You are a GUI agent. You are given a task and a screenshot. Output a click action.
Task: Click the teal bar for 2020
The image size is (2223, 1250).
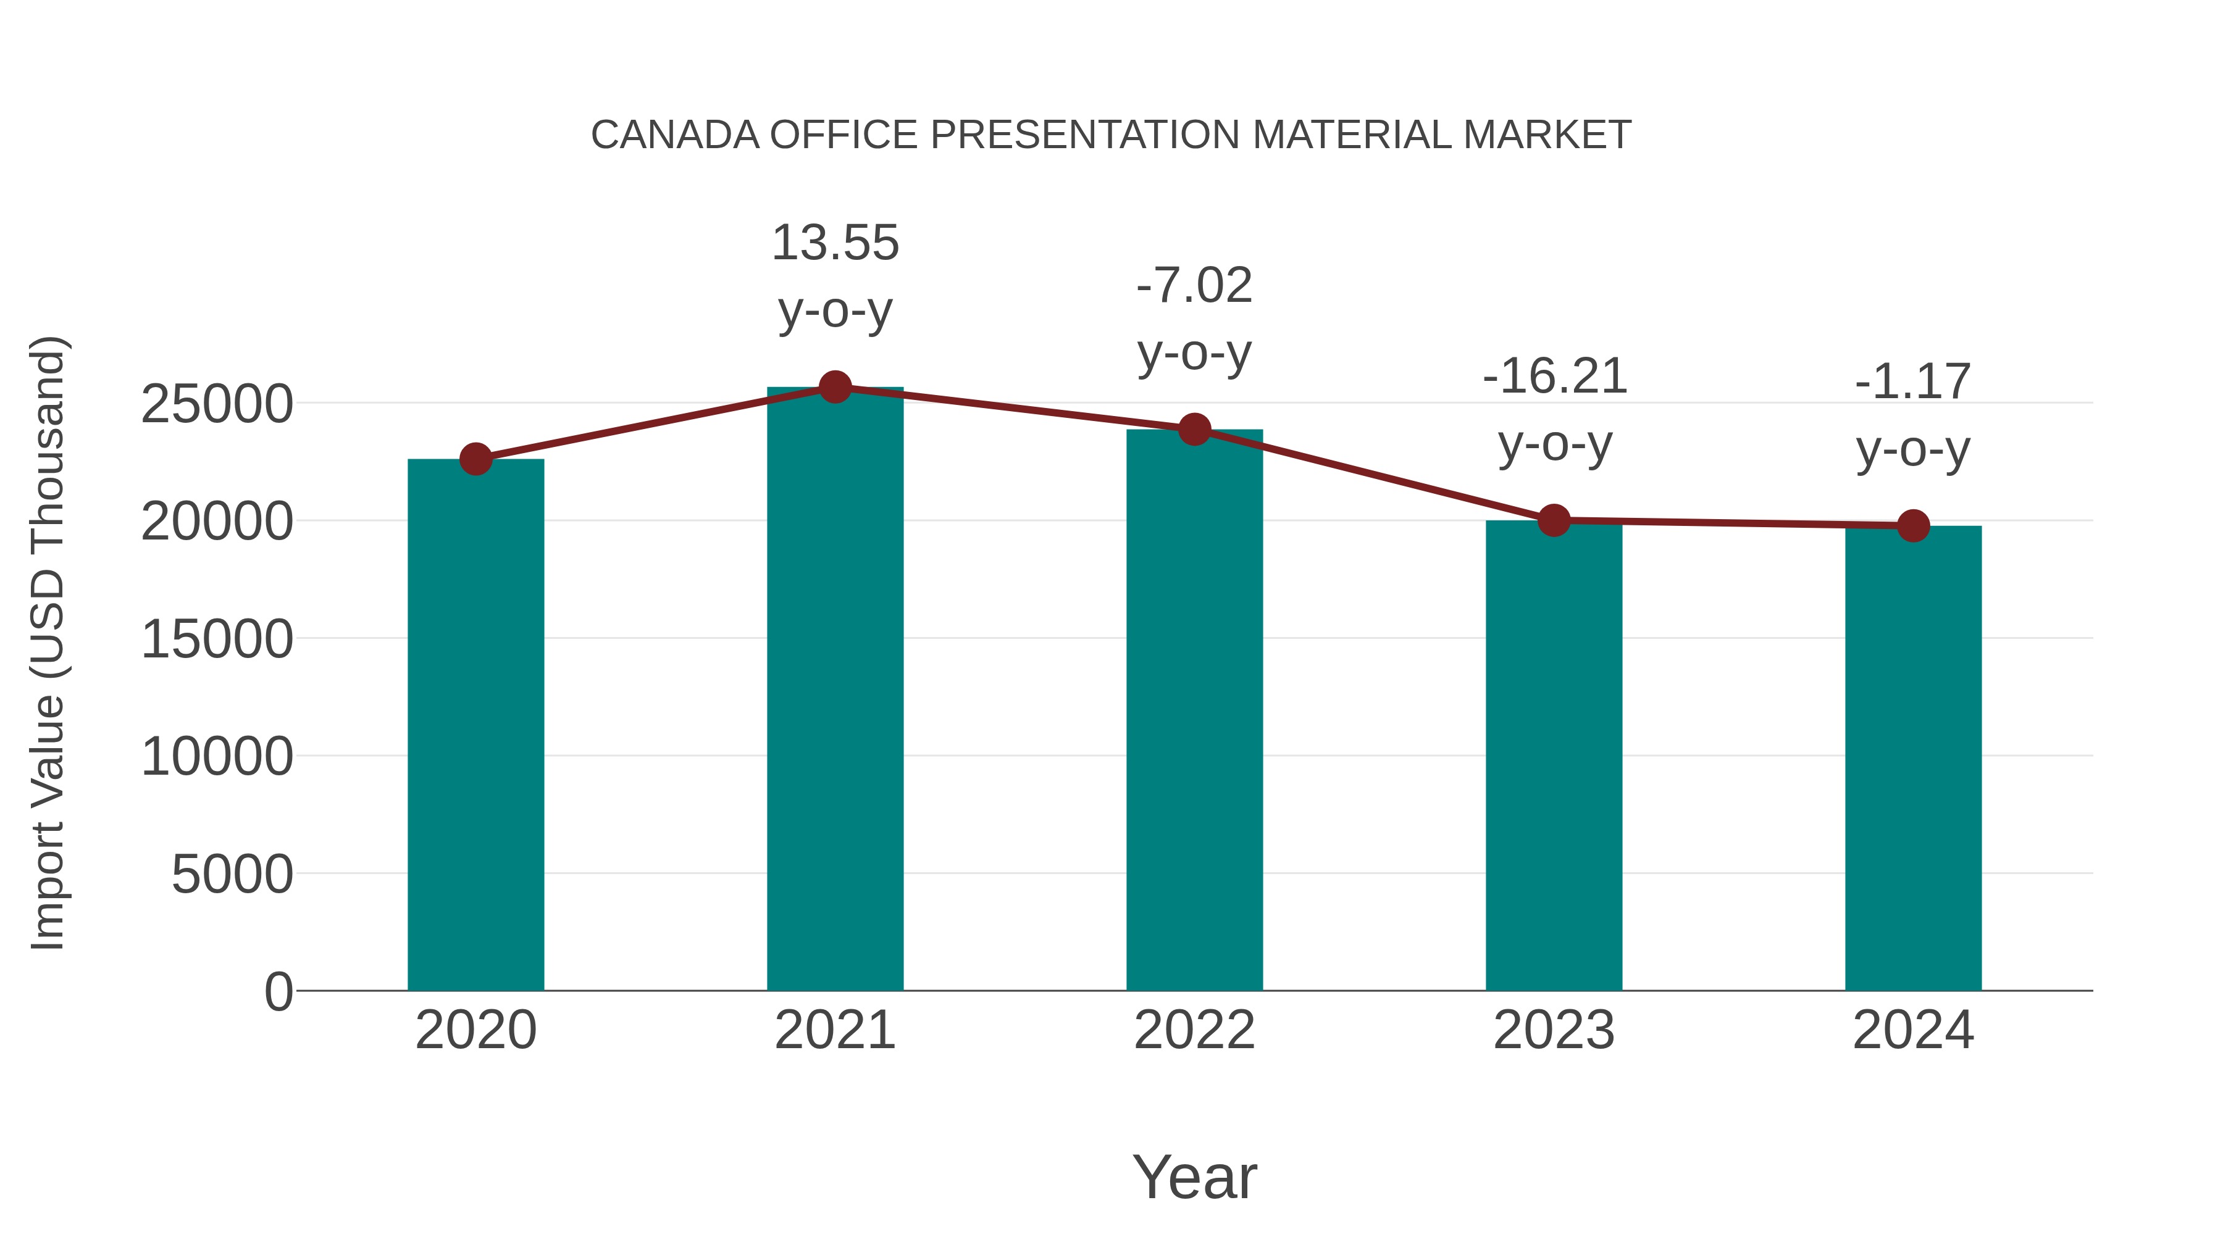[x=475, y=725]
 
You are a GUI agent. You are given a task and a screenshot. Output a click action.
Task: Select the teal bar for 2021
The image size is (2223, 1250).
[x=834, y=690]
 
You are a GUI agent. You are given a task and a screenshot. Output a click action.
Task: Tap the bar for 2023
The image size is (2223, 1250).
[x=1554, y=755]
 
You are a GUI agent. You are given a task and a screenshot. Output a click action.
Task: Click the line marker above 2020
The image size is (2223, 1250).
[x=475, y=459]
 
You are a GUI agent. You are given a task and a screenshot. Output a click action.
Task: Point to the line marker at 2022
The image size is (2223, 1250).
[x=1194, y=429]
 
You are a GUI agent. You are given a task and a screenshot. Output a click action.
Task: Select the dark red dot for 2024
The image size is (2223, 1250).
[x=1912, y=525]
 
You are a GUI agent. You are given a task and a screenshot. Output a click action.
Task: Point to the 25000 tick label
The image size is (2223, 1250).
[x=217, y=404]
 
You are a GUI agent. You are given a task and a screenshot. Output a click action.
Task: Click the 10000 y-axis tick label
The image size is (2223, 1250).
[x=217, y=757]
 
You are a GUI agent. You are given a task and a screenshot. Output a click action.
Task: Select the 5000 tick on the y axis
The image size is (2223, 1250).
[x=232, y=874]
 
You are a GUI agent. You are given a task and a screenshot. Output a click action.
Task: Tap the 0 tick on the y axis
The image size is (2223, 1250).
[x=278, y=991]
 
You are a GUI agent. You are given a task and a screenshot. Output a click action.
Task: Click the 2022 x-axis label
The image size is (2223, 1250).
[x=1194, y=1030]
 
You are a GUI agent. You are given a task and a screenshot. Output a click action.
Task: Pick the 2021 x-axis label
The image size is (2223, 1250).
[x=834, y=1030]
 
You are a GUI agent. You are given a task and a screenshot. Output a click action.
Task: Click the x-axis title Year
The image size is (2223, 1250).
[x=1194, y=1177]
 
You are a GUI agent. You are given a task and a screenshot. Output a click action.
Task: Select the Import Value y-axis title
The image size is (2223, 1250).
[x=48, y=643]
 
